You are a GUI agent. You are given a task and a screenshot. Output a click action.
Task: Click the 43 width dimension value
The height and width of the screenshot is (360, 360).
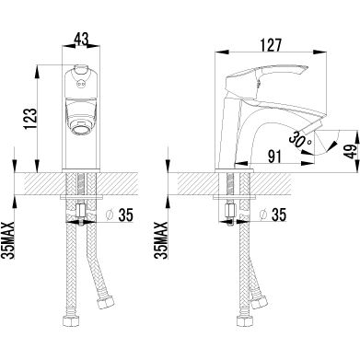pyautogui.click(x=81, y=39)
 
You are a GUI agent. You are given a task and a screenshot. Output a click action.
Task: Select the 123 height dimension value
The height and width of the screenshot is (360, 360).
pyautogui.click(x=30, y=119)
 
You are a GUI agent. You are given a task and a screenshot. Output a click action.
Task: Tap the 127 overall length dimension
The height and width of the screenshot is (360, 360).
pyautogui.click(x=271, y=45)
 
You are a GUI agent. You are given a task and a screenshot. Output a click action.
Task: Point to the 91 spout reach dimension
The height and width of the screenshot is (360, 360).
pyautogui.click(x=274, y=157)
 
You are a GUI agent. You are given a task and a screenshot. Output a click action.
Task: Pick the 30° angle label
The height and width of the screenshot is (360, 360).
pyautogui.click(x=300, y=141)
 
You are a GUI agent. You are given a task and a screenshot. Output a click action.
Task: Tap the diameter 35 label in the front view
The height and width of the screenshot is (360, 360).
pyautogui.click(x=120, y=215)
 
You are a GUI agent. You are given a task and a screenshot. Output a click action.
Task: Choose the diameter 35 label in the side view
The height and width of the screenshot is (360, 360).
pyautogui.click(x=273, y=215)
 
